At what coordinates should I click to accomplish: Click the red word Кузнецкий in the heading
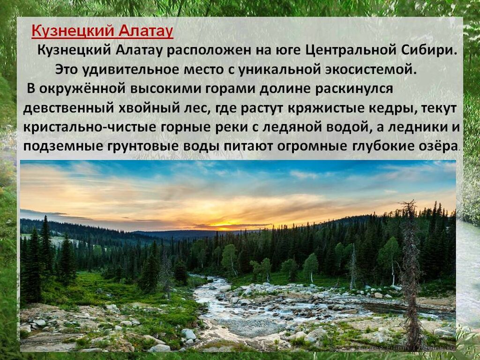[73, 30]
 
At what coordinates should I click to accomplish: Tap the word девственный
[68, 109]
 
